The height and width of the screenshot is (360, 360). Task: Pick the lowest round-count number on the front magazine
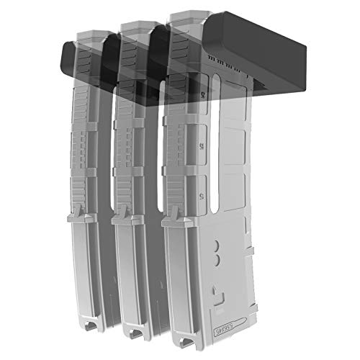pos(201,194)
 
